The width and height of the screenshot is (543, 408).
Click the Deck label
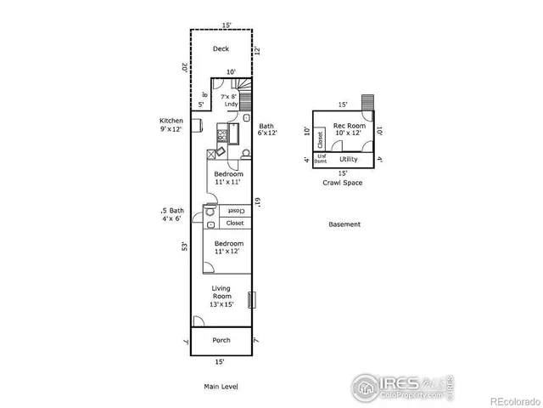[221, 48]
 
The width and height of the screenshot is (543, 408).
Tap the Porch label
[221, 340]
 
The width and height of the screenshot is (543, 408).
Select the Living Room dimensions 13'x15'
[221, 304]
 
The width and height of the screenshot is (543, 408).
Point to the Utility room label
[349, 159]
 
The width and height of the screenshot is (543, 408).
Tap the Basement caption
[344, 224]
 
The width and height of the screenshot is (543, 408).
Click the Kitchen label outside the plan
[171, 121]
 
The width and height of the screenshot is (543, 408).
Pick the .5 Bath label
[172, 210]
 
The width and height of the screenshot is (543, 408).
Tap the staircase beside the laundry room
[244, 88]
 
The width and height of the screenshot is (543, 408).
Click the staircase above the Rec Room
[367, 102]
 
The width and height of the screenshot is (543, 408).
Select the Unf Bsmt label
[322, 159]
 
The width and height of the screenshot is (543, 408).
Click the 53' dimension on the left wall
[183, 246]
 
